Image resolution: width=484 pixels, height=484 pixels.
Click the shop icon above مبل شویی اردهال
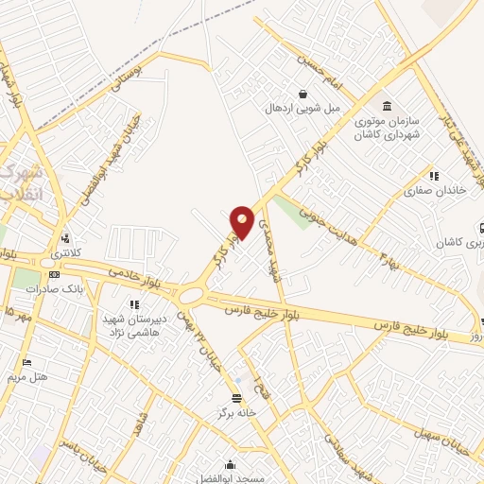pos(302,94)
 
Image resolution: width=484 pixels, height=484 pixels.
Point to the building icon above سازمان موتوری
pos(386,105)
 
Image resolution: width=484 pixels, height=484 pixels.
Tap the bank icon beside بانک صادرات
pos(54,275)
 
